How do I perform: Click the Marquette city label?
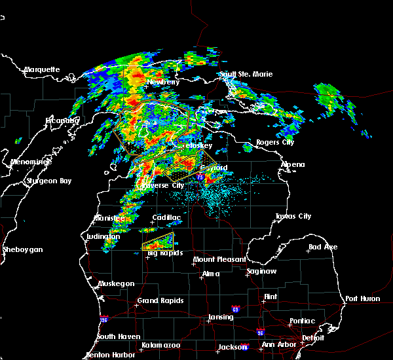click(42, 69)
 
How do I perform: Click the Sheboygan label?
click(22, 249)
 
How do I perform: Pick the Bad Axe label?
click(323, 247)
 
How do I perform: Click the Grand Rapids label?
click(160, 301)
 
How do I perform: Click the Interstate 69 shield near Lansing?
click(235, 308)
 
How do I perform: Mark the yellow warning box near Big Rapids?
click(159, 242)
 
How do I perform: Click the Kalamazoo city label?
click(161, 345)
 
